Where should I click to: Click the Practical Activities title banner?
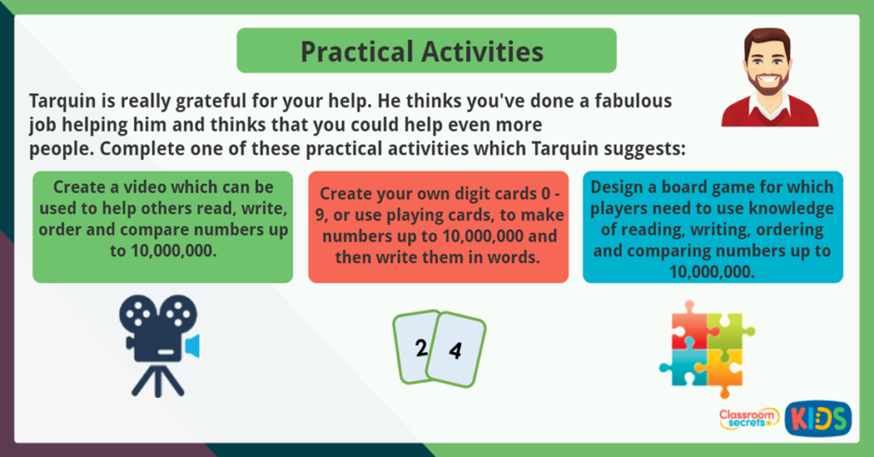426,50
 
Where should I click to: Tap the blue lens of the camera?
192,346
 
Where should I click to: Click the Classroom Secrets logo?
748,418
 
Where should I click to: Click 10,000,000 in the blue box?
713,272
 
